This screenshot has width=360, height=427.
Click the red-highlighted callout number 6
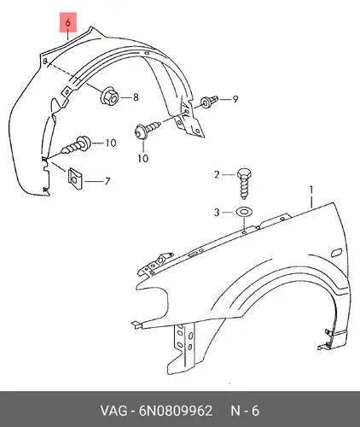coord(68,22)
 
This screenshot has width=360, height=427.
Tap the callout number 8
coord(136,97)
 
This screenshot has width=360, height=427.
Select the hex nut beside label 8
coord(109,97)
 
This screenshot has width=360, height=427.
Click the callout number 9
coord(235,99)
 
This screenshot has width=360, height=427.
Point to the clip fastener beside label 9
coord(210,102)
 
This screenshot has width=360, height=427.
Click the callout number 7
coord(107,181)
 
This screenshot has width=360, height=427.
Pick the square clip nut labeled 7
coord(75,179)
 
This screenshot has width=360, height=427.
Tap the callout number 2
coord(217,174)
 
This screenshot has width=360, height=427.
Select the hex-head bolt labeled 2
coord(244,184)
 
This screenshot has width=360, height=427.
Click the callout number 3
coord(217,213)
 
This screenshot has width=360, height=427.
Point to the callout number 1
coord(311,190)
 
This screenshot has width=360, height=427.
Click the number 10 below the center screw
coord(143,158)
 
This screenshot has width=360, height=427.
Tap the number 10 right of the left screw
coord(111,143)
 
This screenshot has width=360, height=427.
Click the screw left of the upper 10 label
coord(76,145)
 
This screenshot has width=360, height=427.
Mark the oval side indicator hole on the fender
coord(337,253)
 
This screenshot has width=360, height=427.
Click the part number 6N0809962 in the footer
coord(176,411)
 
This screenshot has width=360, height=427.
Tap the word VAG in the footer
coord(113,411)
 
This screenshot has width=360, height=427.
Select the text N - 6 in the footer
coord(245,411)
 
